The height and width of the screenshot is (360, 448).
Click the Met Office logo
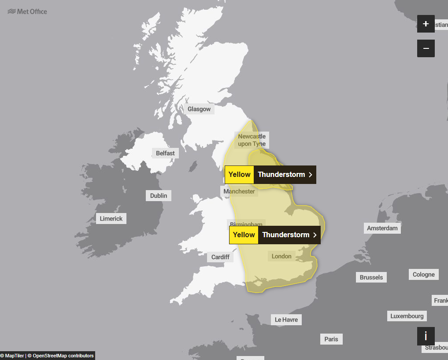pos(27,11)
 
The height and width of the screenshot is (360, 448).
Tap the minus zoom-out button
pos(426,48)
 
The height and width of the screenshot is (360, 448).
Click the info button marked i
pos(426,336)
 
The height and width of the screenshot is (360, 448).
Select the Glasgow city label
pos(199,109)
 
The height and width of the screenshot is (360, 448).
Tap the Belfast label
pos(165,153)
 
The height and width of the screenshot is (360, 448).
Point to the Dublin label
pos(159,196)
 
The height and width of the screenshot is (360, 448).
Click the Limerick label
pos(111,218)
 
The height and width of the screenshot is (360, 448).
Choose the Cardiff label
pos(220,257)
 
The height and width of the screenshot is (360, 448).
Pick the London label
pos(281,256)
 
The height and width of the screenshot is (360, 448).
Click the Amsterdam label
pos(382,228)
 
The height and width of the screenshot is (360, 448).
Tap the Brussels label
pos(371,277)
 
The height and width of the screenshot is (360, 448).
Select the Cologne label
pos(424,275)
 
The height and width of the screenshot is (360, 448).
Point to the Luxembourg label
pos(407,316)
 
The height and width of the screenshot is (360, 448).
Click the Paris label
pos(331,339)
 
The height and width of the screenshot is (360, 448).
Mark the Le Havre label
pos(286,320)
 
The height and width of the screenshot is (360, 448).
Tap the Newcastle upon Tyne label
pos(252,140)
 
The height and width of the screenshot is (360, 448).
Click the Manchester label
pos(239,191)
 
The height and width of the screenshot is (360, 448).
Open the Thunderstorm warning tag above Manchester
pos(270,175)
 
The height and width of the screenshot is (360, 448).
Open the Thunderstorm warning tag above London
pos(275,235)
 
